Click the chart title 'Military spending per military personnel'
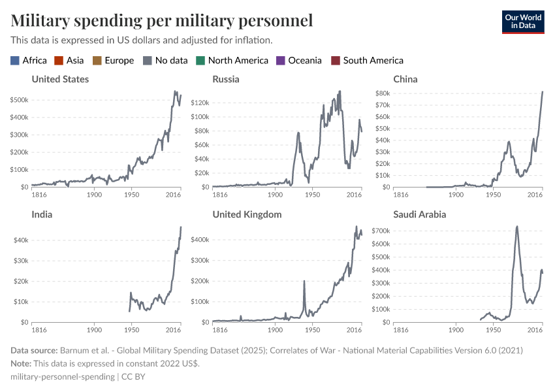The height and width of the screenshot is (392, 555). pos(161,20)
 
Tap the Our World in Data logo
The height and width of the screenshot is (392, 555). pos(522,22)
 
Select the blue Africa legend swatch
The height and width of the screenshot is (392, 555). pos(15,61)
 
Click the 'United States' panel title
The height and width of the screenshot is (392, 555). pos(60,79)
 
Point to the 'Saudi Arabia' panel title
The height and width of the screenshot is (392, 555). pos(422,214)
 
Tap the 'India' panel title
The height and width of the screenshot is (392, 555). pos(42,214)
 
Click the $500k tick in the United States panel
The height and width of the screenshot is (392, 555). pos(18,100)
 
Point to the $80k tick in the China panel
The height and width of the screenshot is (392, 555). pos(381,93)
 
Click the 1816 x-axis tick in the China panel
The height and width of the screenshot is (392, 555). pos(400,195)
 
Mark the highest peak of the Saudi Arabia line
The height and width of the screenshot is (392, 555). pos(517,227)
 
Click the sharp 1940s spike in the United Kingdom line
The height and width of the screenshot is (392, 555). pos(304,281)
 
